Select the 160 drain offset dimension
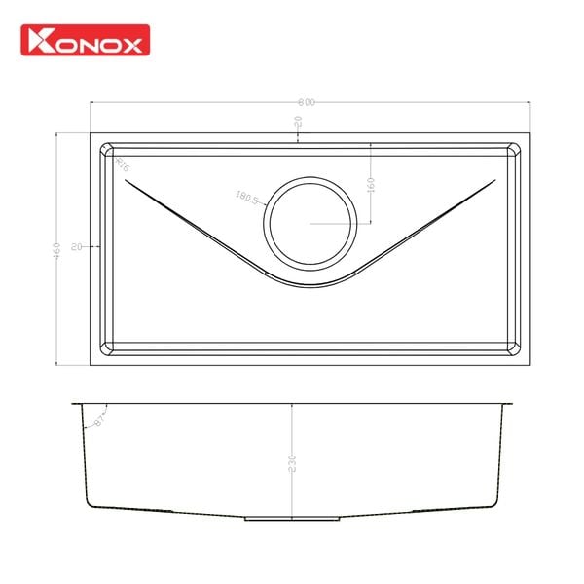(x=371, y=184)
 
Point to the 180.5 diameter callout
(x=246, y=199)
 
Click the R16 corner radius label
(x=122, y=164)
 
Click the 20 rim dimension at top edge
(x=298, y=122)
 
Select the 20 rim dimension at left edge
(x=76, y=247)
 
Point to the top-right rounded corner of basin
(x=514, y=151)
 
